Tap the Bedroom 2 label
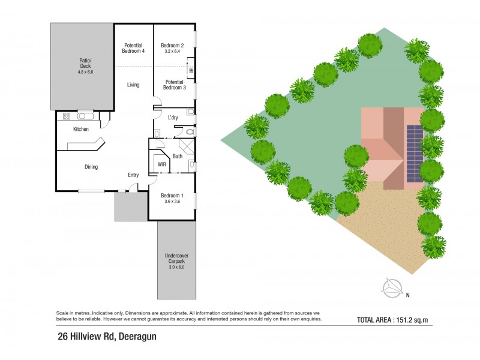tap(172, 45)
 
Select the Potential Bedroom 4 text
tap(134, 48)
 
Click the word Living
tap(133, 85)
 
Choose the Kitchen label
tap(81, 130)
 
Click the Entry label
tap(133, 175)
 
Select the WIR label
tap(161, 163)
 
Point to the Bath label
tap(178, 156)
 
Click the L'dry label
tap(173, 117)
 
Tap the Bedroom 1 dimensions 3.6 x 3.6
tap(172, 202)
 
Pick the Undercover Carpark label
tap(176, 259)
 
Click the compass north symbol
tap(394, 289)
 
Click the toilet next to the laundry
tap(190, 131)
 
